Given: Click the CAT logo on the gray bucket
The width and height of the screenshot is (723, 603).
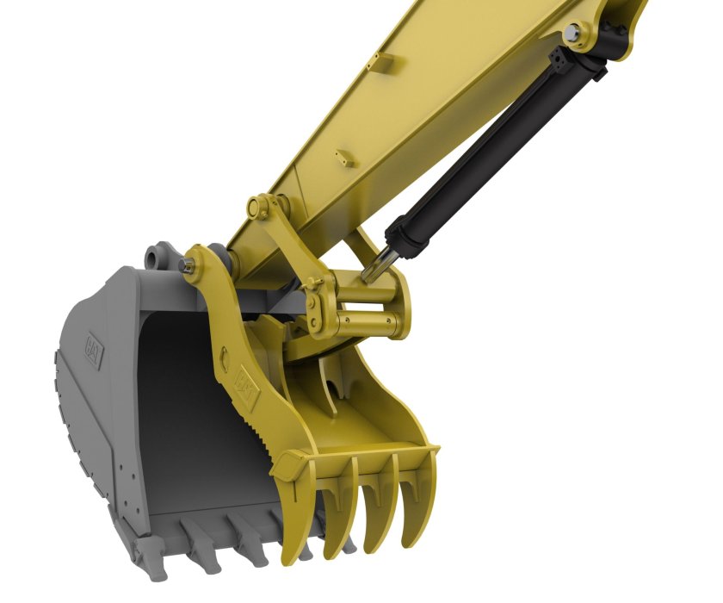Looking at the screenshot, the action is [x=93, y=351].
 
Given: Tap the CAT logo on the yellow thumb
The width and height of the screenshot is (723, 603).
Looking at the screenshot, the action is [x=248, y=388].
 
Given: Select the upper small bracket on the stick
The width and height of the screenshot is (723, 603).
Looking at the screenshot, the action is [x=384, y=61].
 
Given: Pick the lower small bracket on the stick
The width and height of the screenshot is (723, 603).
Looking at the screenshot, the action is [x=346, y=158].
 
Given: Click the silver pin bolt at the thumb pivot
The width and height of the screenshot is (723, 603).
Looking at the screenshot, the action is [x=188, y=265].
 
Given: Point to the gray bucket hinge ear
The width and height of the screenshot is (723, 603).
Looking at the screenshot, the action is [x=158, y=257].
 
